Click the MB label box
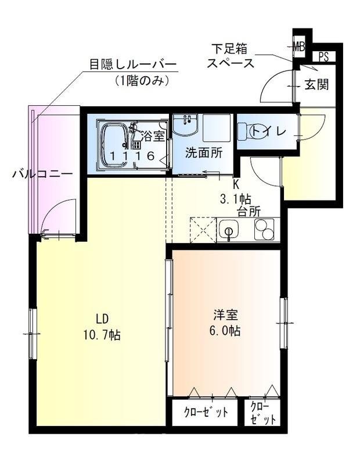coord(299,45)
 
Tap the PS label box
coord(323,57)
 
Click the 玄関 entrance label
coord(317,84)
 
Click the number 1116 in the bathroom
coord(132,156)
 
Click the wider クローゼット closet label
coord(206,413)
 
